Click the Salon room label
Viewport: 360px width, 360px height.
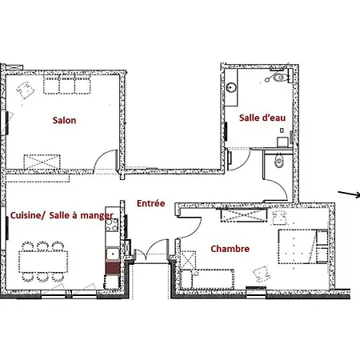tap(64, 120)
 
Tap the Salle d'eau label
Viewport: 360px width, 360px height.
tap(262, 118)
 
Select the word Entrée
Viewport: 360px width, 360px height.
tap(150, 203)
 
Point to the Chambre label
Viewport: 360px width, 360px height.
tap(230, 249)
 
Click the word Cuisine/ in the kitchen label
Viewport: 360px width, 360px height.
tap(26, 215)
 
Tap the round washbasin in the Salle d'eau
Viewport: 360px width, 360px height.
tap(231, 87)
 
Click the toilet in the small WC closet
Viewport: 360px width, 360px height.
tap(279, 161)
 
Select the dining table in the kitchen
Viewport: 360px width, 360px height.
tap(43, 262)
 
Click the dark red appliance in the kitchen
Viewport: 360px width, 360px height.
tap(112, 268)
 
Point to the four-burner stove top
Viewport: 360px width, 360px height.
tap(112, 226)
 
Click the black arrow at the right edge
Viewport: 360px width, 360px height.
tap(349, 194)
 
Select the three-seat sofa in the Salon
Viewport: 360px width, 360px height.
tap(67, 85)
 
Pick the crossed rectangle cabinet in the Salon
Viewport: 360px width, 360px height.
tap(42, 162)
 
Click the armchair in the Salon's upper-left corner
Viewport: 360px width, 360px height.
tap(26, 90)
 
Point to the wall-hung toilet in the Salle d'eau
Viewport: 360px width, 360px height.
tap(278, 78)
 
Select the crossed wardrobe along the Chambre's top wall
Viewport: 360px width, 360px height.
tap(244, 215)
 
